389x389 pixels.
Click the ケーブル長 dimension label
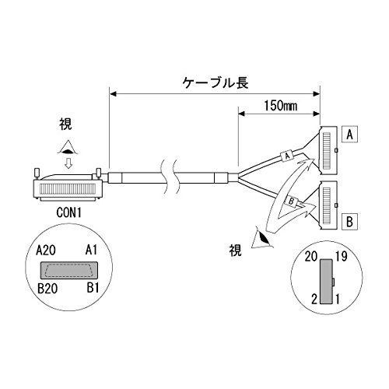tap(216, 83)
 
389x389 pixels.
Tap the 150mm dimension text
tap(280, 106)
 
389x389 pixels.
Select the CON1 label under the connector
tap(69, 213)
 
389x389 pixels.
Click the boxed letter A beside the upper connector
tap(350, 135)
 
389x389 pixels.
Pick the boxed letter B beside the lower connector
tap(350, 222)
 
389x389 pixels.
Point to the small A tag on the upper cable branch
tap(287, 156)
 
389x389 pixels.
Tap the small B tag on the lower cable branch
tap(292, 201)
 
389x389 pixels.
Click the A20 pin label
tap(46, 251)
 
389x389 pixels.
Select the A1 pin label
tap(91, 251)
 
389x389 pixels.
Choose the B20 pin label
tap(47, 289)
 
